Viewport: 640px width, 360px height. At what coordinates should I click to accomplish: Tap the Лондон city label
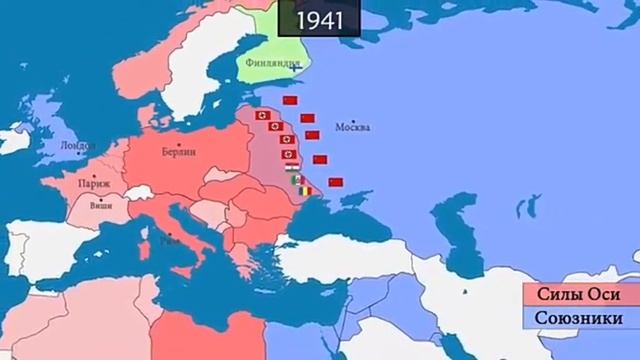point(77,145)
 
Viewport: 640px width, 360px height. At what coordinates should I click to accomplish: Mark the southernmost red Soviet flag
point(336,180)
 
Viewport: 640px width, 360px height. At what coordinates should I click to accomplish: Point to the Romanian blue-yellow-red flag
point(303,189)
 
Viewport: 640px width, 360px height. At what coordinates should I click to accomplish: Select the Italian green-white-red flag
point(296,180)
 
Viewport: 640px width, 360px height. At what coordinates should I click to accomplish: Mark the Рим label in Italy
point(176,240)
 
